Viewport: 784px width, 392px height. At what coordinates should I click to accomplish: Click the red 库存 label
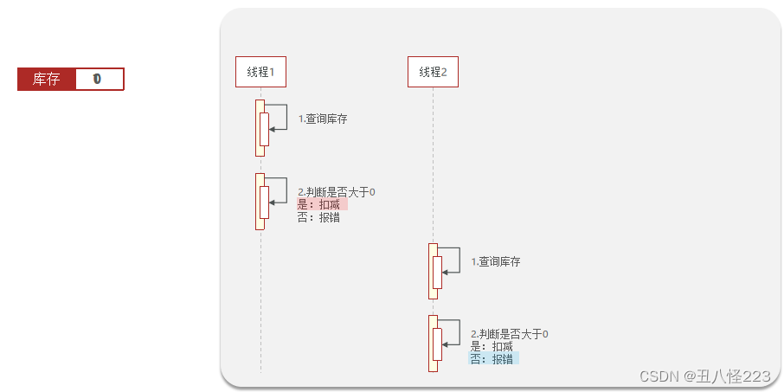tap(46, 80)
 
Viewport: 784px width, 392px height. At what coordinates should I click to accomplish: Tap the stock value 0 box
tap(98, 80)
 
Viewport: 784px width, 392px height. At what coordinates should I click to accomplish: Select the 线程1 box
tap(260, 72)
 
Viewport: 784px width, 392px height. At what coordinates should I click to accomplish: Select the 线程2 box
tap(433, 72)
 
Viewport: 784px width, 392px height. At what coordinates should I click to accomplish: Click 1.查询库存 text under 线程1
tap(323, 119)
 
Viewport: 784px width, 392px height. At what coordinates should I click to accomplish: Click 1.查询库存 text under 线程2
tap(496, 261)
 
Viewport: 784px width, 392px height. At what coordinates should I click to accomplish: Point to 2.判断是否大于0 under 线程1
tap(337, 192)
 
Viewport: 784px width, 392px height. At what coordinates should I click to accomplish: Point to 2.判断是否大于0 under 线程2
tap(510, 334)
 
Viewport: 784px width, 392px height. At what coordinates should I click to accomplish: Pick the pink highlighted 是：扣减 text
tap(319, 205)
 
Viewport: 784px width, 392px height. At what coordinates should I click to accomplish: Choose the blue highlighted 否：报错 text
tap(492, 359)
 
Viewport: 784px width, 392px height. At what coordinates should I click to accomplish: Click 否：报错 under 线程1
tap(318, 218)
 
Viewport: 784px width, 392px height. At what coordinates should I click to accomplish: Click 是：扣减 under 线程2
tap(492, 346)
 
